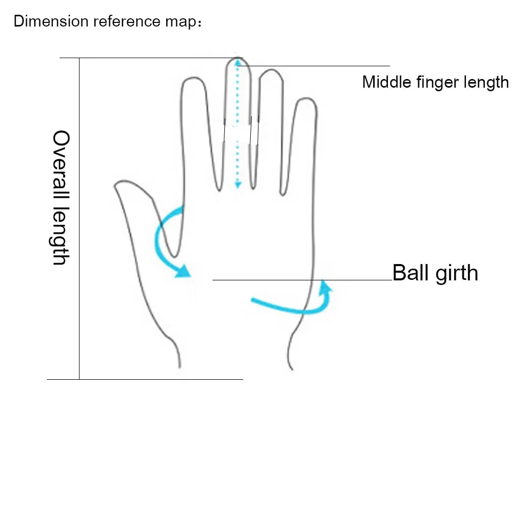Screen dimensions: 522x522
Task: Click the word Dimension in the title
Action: point(51,21)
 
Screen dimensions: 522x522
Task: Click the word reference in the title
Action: point(127,21)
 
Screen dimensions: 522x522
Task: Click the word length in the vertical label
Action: point(61,236)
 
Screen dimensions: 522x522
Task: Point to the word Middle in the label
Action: point(387,82)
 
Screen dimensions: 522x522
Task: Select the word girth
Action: point(456,274)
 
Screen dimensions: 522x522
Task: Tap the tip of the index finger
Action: point(193,78)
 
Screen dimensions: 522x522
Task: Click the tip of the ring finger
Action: point(272,70)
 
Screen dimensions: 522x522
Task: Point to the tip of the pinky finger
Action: point(306,98)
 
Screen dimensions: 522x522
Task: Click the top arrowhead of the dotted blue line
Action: point(238,62)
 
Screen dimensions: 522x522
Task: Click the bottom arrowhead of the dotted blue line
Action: point(238,185)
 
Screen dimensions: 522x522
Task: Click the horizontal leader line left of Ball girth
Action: point(302,280)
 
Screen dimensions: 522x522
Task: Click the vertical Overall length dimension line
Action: point(79,218)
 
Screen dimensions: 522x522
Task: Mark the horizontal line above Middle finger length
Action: point(314,66)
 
